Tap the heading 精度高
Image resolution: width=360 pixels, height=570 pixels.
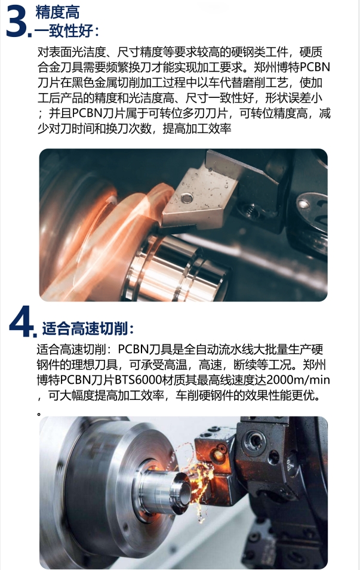(57, 13)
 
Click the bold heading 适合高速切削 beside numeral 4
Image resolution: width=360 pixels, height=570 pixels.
(85, 329)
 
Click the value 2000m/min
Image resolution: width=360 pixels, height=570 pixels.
(298, 380)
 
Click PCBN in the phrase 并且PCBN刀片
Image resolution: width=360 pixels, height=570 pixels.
(87, 114)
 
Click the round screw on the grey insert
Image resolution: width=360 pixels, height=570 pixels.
(187, 198)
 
